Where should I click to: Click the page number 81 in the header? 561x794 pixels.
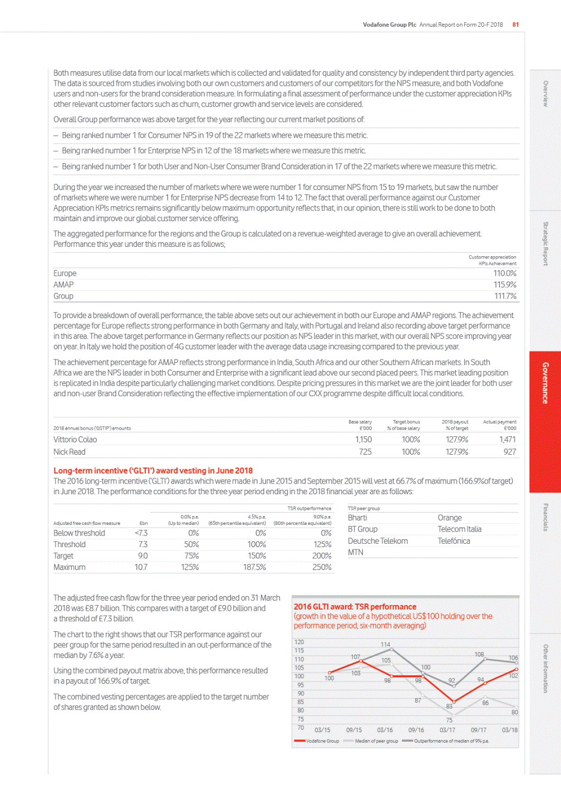515,25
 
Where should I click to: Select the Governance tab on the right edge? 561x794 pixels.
545,383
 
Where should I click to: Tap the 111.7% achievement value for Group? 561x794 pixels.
505,296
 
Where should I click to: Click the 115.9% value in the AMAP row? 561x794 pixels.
505,285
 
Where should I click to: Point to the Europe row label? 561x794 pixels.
65,274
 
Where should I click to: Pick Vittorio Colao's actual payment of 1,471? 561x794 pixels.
507,440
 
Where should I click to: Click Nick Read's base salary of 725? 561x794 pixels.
365,452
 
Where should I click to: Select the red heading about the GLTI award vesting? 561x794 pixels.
153,471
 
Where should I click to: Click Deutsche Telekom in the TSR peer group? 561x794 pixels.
378,541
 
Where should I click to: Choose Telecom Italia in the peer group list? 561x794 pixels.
459,529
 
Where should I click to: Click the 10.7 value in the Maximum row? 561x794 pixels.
141,567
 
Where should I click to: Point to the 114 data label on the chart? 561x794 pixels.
385,645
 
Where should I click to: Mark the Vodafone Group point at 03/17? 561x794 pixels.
454,702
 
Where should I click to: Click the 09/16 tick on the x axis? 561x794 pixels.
416,730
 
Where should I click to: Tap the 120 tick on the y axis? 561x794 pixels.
299,642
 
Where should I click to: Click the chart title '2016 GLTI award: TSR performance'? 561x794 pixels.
355,607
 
